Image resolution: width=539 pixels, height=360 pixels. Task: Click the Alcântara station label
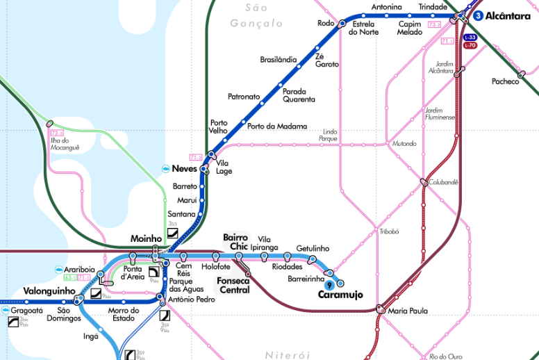coord(508,15)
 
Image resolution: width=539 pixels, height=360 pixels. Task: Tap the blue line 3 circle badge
coord(479,15)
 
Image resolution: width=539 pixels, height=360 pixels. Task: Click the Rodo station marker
coord(342,24)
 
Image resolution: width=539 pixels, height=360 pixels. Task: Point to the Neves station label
coord(184,169)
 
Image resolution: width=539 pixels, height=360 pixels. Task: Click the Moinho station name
coord(146,238)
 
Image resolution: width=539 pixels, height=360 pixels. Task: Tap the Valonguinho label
coord(49,291)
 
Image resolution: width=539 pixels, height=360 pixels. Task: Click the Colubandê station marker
coord(423,183)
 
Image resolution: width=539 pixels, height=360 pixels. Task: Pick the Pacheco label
coord(505,81)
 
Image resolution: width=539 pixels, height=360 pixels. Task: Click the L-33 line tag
coord(470,37)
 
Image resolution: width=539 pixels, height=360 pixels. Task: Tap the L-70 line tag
coord(470,45)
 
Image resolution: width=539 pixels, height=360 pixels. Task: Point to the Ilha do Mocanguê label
coord(65,144)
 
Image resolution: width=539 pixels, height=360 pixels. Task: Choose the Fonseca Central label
coord(233,285)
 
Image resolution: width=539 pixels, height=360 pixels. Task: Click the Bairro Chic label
coord(235,242)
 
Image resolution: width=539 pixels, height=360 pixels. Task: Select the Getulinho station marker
coord(313,259)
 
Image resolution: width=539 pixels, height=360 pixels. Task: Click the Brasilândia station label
coord(278,59)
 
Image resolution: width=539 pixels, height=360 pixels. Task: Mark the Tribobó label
coord(389,231)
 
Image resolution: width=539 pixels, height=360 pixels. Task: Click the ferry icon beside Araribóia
coord(48,270)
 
